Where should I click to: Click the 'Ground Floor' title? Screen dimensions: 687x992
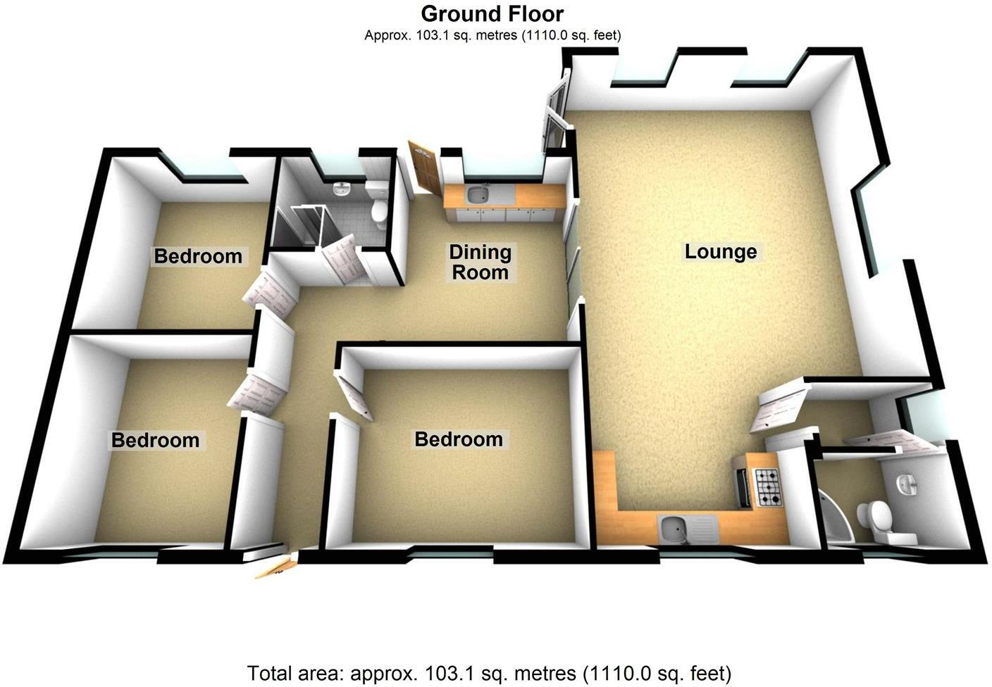click(492, 14)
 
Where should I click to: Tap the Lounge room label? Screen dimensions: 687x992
click(721, 252)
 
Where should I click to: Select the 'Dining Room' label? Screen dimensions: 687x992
click(480, 262)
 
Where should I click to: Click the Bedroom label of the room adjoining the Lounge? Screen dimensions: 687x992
click(459, 440)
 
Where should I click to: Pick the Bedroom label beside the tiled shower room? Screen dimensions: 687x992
click(198, 256)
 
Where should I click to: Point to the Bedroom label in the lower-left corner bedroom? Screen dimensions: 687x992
click(155, 441)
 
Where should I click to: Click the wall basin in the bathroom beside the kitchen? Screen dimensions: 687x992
click(907, 484)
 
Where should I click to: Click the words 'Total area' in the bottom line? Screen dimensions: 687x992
click(283, 672)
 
